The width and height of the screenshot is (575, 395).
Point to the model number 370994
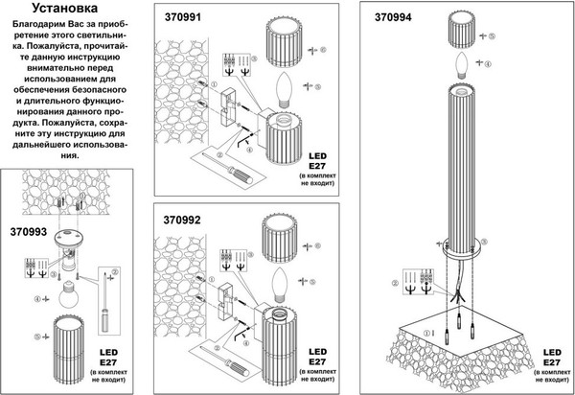[x=376, y=16]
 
